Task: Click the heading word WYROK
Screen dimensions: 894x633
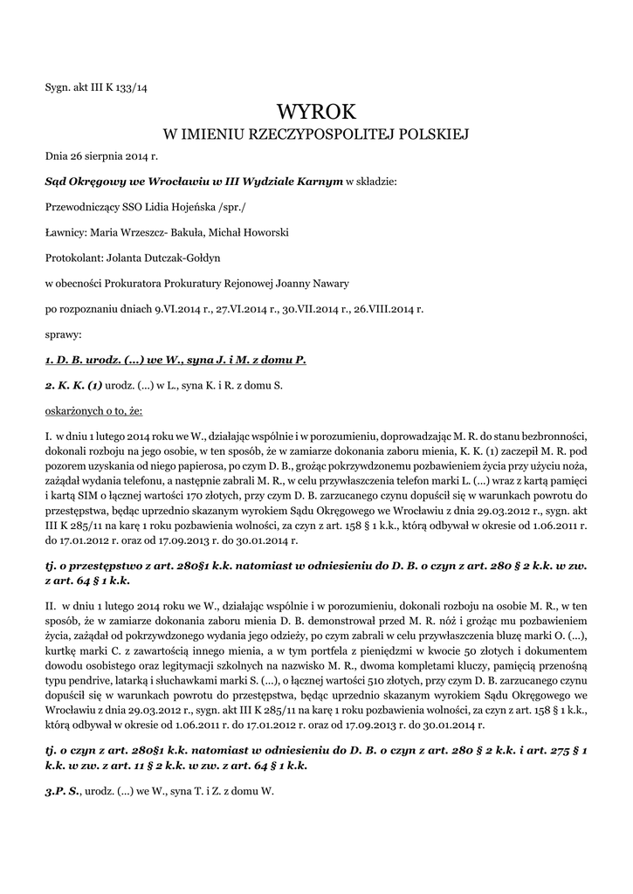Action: coord(316,112)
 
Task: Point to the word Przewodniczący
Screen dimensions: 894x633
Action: coord(79,207)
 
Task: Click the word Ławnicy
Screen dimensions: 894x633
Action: coord(64,232)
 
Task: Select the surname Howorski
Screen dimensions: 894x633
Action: coord(265,232)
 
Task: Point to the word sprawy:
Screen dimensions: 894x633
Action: coord(63,334)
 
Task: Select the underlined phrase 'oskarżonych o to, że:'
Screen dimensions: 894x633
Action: coord(93,409)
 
